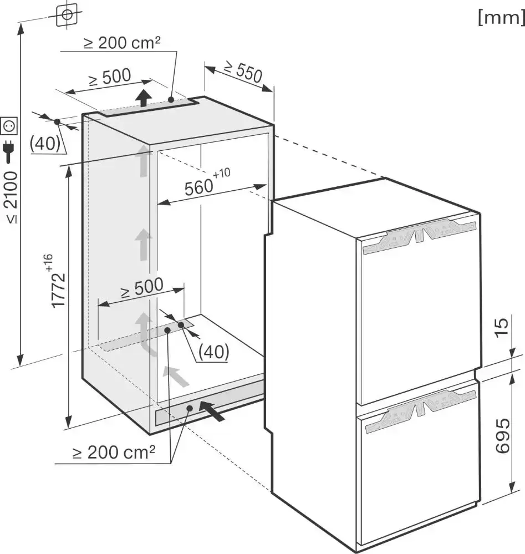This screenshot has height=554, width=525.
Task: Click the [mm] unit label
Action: (501, 17)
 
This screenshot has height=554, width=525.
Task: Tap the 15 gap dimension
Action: (502, 328)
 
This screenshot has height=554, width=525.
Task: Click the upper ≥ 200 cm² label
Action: (122, 42)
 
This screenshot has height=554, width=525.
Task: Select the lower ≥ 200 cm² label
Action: (114, 452)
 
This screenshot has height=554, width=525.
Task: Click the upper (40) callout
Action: (45, 144)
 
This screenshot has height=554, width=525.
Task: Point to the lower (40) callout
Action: (214, 352)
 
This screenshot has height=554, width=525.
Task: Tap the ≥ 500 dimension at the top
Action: (110, 77)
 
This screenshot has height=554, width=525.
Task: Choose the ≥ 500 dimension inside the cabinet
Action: (142, 287)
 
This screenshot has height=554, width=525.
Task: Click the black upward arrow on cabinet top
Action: (142, 98)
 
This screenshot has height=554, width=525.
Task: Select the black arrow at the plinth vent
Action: (212, 410)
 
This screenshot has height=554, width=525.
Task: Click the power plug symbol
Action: (9, 151)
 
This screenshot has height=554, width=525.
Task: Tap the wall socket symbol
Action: (9, 126)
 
